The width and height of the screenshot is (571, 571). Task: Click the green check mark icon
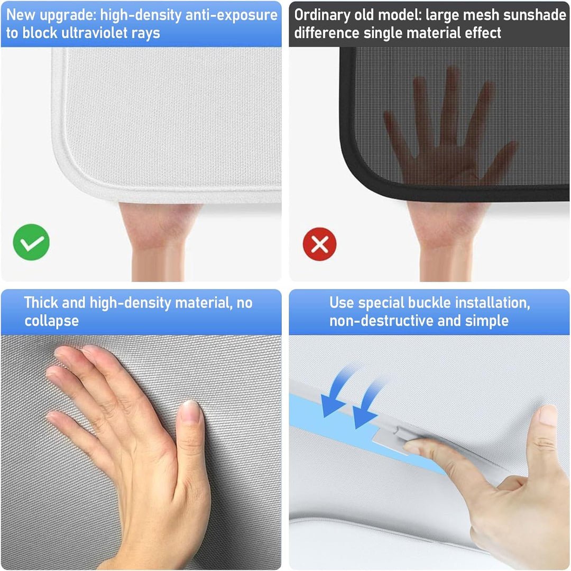coord(31,242)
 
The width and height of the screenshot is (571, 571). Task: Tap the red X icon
coord(320,244)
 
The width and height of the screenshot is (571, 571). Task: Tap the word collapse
coord(51,321)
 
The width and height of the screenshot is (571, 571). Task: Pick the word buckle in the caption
coord(429,303)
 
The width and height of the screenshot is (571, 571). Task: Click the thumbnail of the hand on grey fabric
coord(141,452)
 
